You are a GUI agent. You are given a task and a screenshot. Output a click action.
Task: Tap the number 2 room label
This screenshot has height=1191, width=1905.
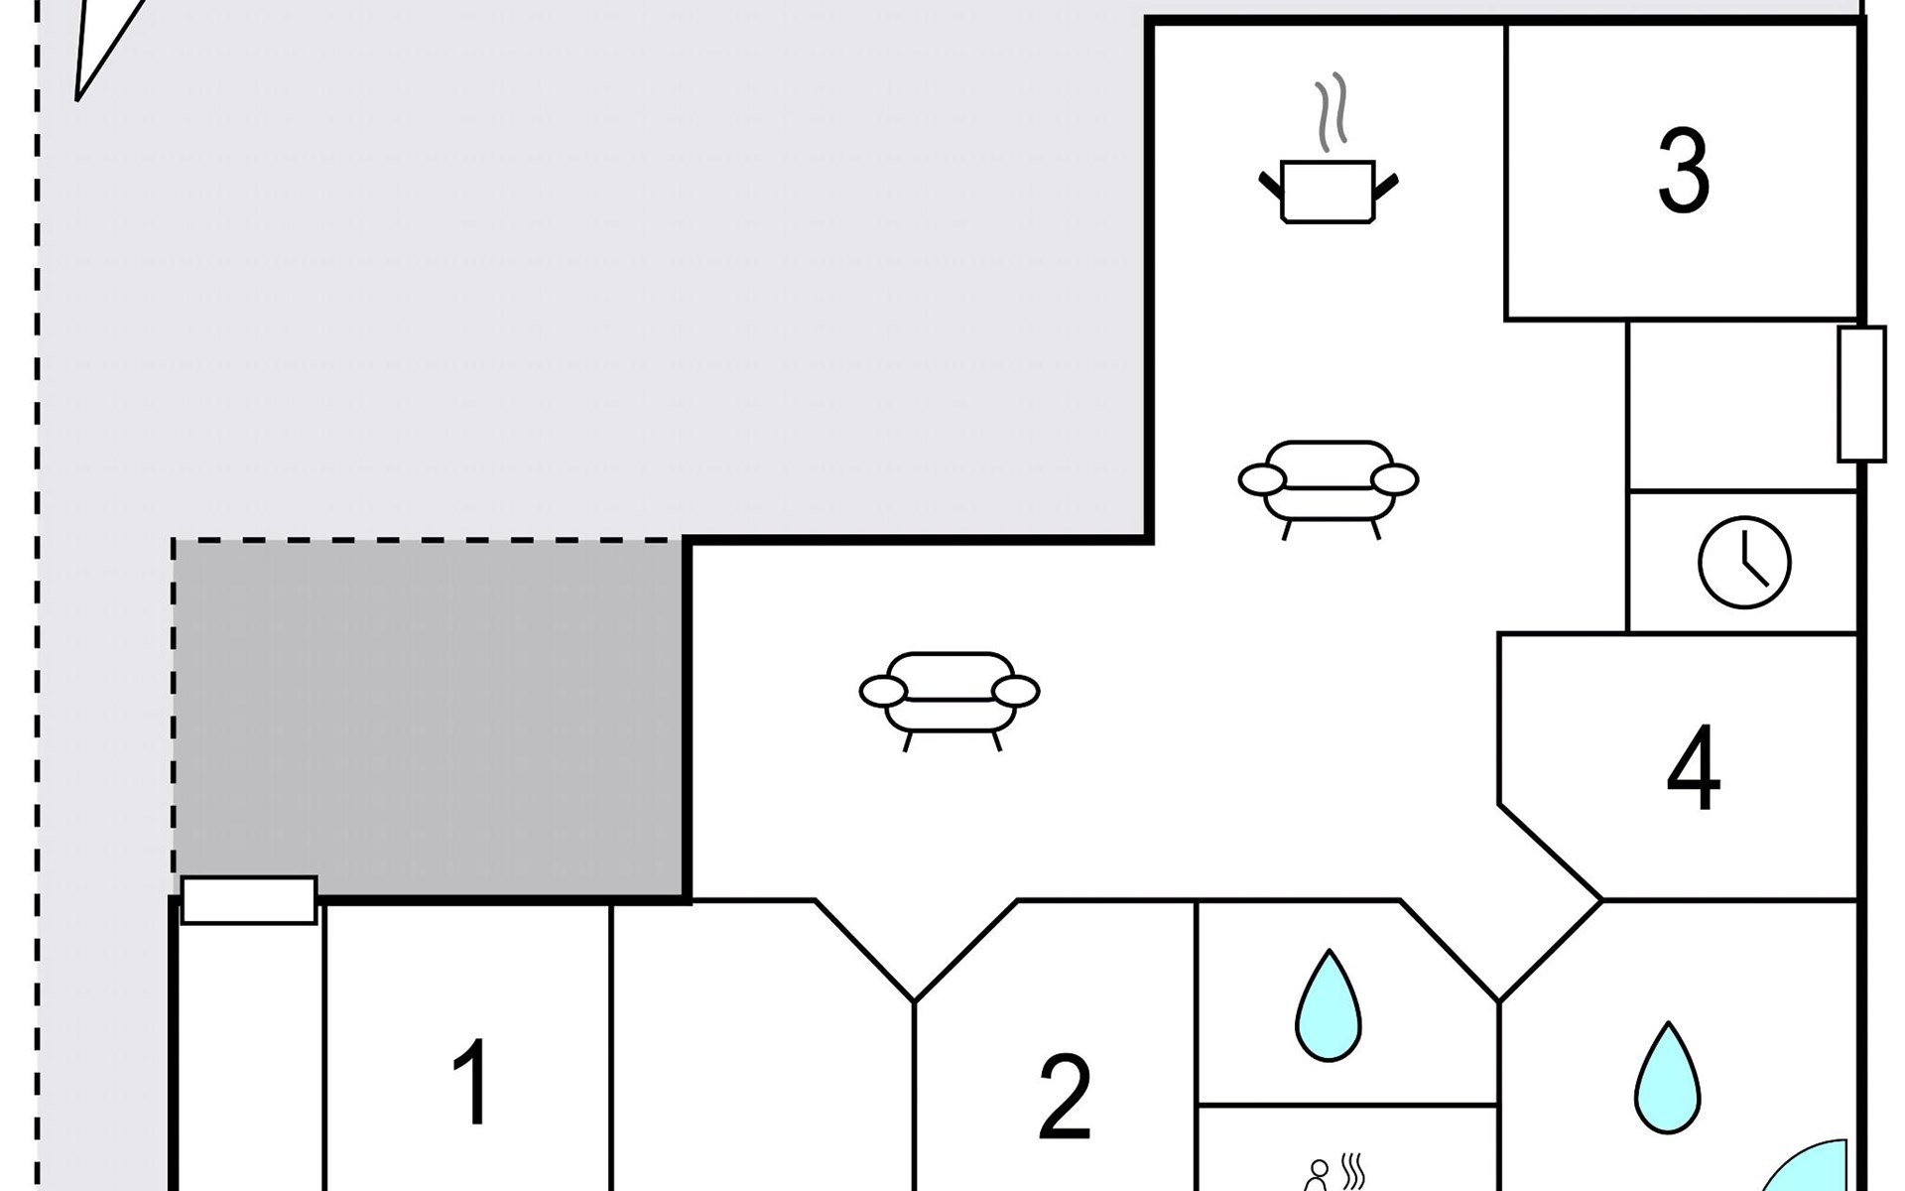tap(1065, 1097)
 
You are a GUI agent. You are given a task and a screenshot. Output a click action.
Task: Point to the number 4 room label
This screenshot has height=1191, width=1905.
tap(1693, 768)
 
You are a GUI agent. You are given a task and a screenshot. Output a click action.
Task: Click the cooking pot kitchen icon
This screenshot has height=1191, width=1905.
tap(1328, 191)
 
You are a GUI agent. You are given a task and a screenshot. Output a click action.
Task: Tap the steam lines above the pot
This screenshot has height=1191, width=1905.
tap(1330, 111)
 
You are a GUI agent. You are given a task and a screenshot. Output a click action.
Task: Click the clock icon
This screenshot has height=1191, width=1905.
tap(1744, 562)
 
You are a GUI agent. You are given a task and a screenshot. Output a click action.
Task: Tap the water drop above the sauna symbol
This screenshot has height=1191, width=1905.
tap(1328, 1006)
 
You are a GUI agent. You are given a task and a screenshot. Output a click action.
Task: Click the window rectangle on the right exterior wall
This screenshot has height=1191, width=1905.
tap(1860, 393)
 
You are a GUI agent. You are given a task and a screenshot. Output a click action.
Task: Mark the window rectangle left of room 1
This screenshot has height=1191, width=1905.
tap(249, 900)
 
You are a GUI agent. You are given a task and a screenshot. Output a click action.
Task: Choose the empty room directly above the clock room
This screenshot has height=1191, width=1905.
tap(1742, 405)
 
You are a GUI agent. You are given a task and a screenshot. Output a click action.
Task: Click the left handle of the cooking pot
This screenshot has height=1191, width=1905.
tap(1269, 184)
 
